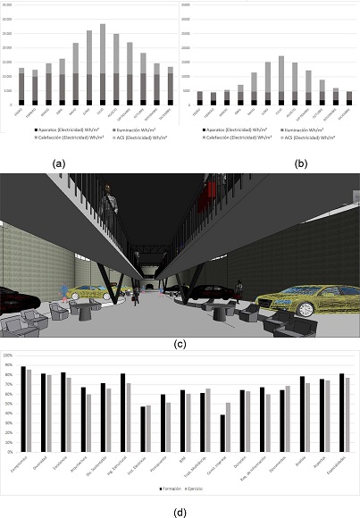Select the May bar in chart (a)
(x=75, y=76)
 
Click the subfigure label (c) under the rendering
(x=180, y=342)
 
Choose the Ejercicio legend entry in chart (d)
(x=201, y=489)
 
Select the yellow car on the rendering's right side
(x=306, y=299)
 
